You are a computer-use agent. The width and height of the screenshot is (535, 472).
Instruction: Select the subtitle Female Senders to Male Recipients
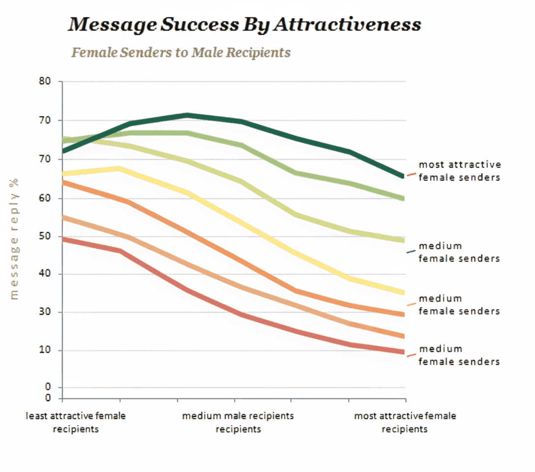[181, 52]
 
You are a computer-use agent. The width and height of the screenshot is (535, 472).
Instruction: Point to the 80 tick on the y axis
[45, 81]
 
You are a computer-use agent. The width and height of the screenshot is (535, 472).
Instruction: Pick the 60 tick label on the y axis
[45, 198]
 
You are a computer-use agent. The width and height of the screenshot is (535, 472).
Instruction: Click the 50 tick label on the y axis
[45, 236]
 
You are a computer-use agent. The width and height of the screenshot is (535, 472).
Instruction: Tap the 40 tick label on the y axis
[45, 274]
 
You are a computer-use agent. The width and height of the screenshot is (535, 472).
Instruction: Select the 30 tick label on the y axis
[45, 312]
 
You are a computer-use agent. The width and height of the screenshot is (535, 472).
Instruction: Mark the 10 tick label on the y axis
[45, 350]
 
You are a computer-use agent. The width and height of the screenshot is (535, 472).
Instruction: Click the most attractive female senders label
[459, 171]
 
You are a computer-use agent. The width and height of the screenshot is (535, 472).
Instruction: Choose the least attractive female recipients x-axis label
[76, 422]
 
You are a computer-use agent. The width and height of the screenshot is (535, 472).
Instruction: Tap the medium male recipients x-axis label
[238, 422]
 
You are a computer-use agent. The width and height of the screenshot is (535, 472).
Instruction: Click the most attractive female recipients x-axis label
[405, 422]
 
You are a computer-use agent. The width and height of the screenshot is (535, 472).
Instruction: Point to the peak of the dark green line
[187, 115]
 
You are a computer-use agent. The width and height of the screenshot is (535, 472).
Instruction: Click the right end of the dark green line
[403, 176]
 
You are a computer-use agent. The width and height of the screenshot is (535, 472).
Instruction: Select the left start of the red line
[63, 239]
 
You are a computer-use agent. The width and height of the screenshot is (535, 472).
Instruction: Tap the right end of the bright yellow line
[403, 293]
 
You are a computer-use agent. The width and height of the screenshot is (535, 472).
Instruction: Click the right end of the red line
[403, 352]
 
